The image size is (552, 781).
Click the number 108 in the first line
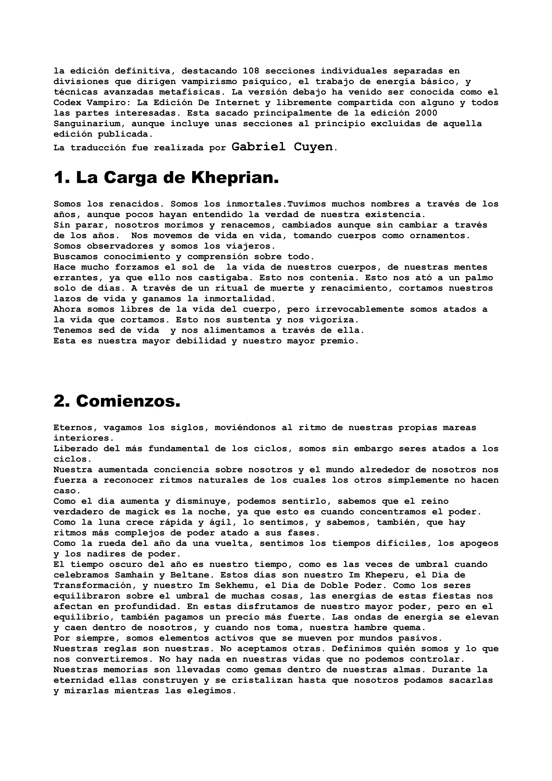click(251, 71)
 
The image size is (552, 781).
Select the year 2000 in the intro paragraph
click(426, 113)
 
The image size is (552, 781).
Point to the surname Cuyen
click(313, 147)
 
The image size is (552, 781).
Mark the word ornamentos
click(440, 236)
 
